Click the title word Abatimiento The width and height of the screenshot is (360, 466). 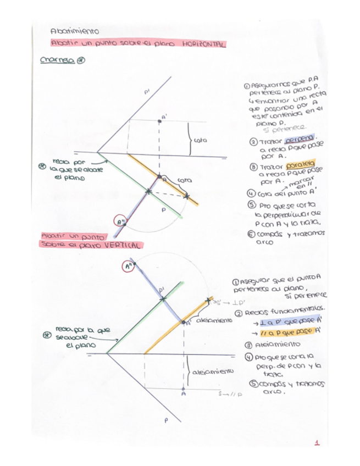coord(74,32)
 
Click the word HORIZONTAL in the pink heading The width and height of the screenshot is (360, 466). coord(203,44)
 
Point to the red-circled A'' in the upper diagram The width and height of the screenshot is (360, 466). coord(119,221)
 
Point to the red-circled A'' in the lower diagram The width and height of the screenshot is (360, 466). coord(128,266)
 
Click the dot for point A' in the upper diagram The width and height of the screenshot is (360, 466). coord(159,121)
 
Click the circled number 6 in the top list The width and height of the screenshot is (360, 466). coord(251,234)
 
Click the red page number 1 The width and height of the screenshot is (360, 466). coord(318,442)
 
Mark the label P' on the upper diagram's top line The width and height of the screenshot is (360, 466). coord(147,94)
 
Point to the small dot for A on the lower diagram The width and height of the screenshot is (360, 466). coord(183,388)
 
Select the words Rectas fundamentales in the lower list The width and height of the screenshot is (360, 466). coord(288,312)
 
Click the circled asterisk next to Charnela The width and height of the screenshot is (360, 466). coord(80,61)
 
